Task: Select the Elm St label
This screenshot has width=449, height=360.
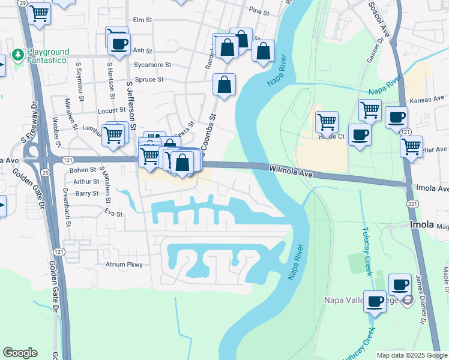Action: point(143,20)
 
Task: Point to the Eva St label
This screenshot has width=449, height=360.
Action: point(113,213)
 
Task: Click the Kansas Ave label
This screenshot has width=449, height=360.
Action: point(426,100)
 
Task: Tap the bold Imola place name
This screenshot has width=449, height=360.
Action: point(421,224)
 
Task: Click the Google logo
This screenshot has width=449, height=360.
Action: point(20,353)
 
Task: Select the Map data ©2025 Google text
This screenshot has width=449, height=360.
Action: point(412,355)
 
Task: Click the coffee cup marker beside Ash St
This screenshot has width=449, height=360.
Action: point(119,43)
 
